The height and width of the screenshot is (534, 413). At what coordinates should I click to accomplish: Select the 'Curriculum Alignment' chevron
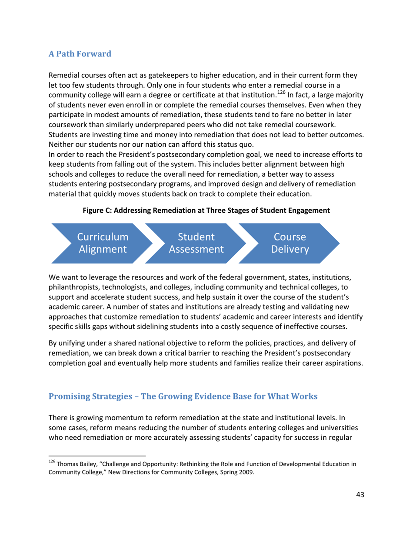coord(103,243)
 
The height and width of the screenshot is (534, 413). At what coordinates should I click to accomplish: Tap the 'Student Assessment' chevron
coord(197,243)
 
